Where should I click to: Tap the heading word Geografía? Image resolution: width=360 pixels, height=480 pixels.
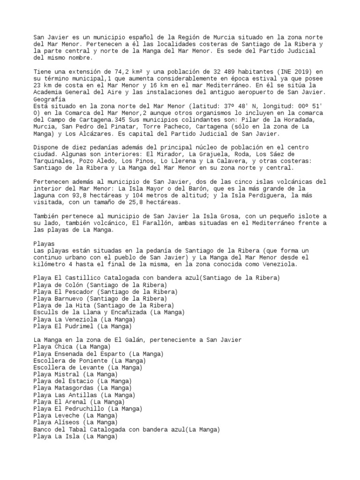(x=49, y=100)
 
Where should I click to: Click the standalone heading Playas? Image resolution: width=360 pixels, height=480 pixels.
(x=44, y=244)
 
